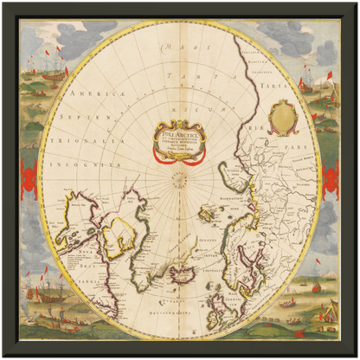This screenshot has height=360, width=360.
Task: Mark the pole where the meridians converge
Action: coord(180,181)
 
